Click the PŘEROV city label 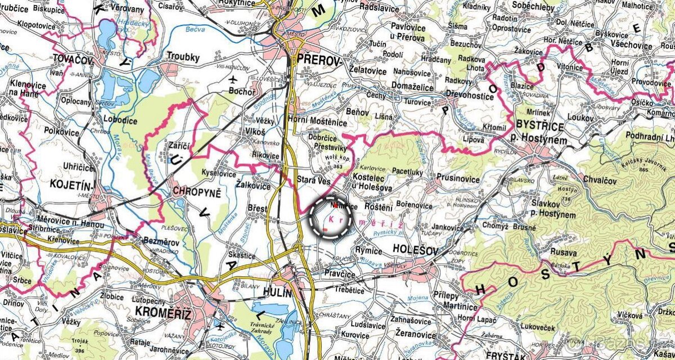coord(319,61)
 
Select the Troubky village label coord(183,56)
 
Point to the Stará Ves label coord(313,180)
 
